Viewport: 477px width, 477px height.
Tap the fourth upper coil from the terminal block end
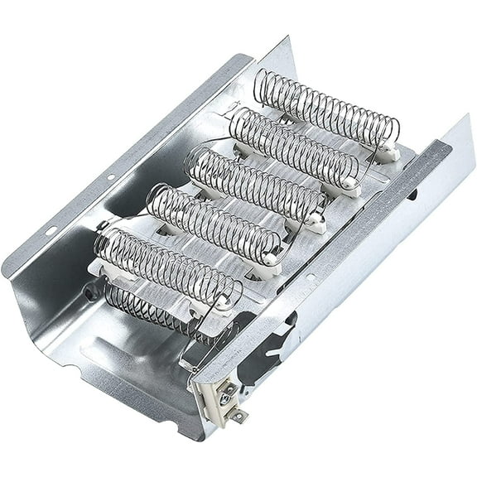click(x=294, y=146)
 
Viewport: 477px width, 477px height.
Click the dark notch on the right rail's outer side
click(x=412, y=195)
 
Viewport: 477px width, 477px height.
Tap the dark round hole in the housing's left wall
click(x=88, y=291)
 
